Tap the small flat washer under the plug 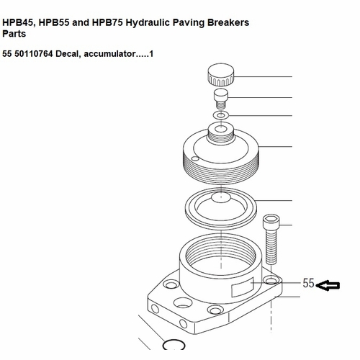(220, 114)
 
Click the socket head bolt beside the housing (271, 241)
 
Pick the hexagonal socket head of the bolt (271, 220)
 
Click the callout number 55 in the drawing (308, 284)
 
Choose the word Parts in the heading (15, 34)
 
